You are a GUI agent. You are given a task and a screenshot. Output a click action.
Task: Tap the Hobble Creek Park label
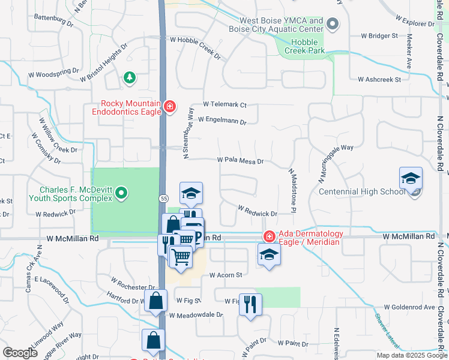pyautogui.click(x=308, y=46)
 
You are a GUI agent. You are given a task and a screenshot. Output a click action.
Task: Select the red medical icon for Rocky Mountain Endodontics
pyautogui.click(x=170, y=107)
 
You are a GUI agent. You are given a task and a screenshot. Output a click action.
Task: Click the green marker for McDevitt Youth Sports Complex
pyautogui.click(x=122, y=193)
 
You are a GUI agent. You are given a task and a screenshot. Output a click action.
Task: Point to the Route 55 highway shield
pyautogui.click(x=163, y=198)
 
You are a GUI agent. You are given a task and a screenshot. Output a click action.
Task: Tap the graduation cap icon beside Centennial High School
pyautogui.click(x=411, y=179)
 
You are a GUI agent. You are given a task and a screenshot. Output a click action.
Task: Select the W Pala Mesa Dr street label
pyautogui.click(x=240, y=161)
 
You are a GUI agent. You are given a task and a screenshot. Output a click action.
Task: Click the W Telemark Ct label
pyautogui.click(x=224, y=104)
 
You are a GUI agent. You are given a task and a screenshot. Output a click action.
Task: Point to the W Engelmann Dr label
pyautogui.click(x=222, y=121)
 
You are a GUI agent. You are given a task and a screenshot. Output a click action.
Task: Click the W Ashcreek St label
pyautogui.click(x=379, y=79)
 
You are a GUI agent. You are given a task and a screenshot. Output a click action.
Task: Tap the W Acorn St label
pyautogui.click(x=225, y=275)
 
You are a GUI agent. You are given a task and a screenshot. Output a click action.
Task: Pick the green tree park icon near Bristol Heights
pyautogui.click(x=128, y=77)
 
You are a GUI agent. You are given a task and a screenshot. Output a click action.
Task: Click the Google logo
pyautogui.click(x=20, y=353)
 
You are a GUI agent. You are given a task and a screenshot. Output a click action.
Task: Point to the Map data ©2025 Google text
pyautogui.click(x=412, y=355)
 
